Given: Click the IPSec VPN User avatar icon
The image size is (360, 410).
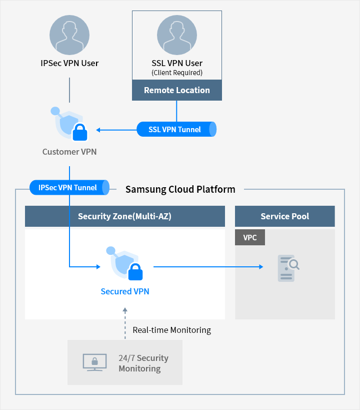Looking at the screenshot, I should [x=69, y=35].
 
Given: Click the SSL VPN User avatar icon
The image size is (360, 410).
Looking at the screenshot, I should [x=177, y=35].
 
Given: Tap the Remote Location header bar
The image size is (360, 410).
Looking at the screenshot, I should [x=177, y=90].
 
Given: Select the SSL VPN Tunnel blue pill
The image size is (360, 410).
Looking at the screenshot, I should [x=176, y=129].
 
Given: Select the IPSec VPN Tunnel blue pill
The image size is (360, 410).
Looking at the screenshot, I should [x=69, y=188].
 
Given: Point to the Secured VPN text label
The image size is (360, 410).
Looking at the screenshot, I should [x=125, y=291].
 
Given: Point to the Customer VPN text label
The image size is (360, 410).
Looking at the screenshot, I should [x=69, y=152].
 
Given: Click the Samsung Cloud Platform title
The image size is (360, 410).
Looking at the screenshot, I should [x=180, y=189].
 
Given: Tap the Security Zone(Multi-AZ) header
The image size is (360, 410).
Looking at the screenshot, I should [x=125, y=216].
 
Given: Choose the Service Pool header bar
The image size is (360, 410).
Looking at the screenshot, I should [x=285, y=216].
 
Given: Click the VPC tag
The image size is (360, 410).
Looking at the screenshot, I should [x=250, y=238].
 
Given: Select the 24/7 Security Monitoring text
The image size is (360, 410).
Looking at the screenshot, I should [x=143, y=363].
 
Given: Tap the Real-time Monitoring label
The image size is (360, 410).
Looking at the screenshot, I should [x=171, y=330].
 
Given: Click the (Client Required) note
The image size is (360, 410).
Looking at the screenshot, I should [x=177, y=73].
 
